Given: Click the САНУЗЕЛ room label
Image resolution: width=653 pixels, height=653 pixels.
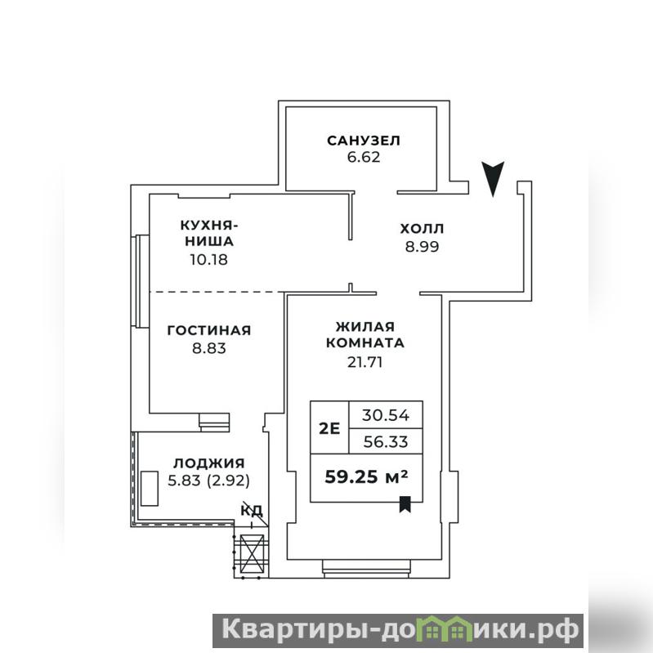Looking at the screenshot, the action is pos(364,141).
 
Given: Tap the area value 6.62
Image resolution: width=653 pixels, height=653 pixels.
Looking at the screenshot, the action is pos(364,158).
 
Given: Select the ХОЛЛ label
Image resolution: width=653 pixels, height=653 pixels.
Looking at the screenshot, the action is pos(422,229).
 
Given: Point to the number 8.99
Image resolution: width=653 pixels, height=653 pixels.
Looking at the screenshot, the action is pos(422,247).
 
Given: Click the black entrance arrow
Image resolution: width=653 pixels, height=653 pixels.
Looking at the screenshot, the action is pos(493,178).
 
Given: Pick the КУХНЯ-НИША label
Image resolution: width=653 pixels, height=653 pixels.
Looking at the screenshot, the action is pos(209,233).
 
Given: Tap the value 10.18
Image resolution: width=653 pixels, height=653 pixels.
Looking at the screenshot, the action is pos(209,259).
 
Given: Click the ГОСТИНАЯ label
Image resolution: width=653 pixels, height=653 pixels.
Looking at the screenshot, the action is pos(209,330).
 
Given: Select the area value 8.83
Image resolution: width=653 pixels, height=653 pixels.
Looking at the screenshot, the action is pos(209,347).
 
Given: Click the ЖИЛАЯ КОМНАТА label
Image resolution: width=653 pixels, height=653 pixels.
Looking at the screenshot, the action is pos(365,334).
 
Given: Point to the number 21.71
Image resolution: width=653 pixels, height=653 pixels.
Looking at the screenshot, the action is pos(365,362).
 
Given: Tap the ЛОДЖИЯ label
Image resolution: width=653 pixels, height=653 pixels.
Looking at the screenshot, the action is pos(209,463).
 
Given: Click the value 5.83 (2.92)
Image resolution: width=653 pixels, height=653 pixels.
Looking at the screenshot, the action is pos(209,481).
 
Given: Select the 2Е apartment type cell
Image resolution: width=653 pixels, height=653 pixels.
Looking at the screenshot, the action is pos(329,427).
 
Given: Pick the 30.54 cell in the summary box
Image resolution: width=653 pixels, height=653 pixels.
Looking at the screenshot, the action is pos(386,415).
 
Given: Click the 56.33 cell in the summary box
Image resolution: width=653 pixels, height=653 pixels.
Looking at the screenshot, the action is pos(386,441).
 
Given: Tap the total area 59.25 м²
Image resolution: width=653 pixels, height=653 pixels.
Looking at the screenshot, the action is pos(366,476).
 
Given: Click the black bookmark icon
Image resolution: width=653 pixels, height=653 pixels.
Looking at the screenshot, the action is pos(405,504).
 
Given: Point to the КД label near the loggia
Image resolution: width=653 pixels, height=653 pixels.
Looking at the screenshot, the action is pos(252,509).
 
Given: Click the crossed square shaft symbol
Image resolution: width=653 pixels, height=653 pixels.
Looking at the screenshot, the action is pos(253,554).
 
